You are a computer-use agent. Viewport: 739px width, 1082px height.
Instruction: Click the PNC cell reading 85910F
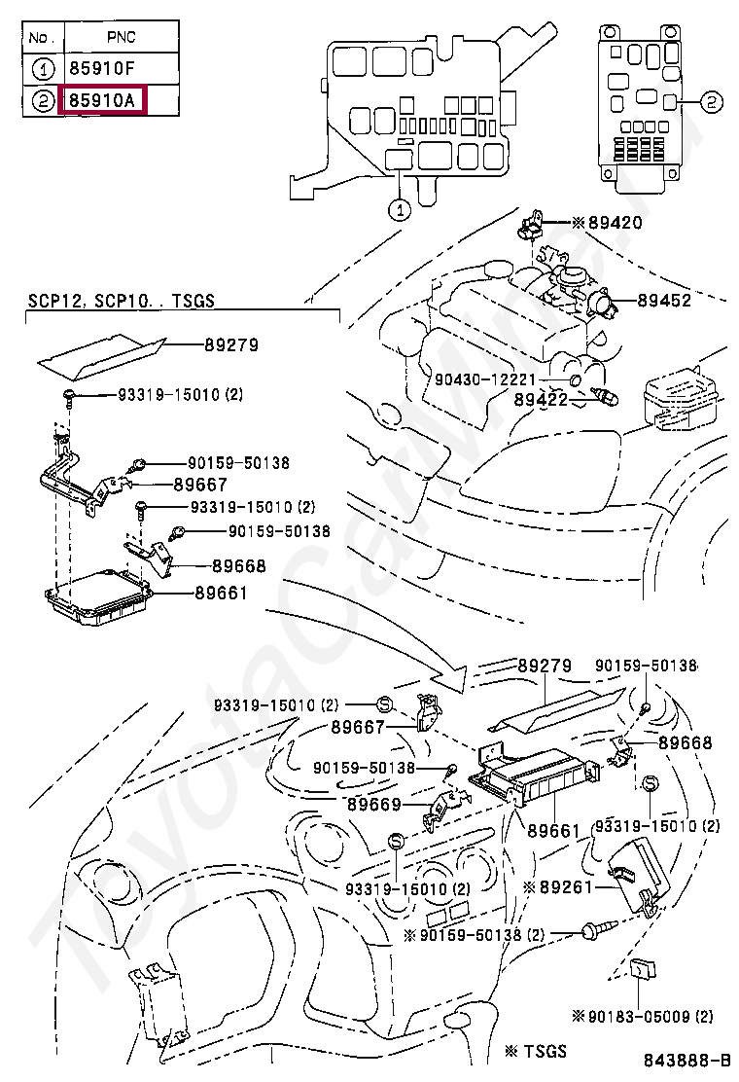tap(102, 68)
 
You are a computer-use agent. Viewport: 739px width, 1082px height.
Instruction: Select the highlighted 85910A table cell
tap(103, 101)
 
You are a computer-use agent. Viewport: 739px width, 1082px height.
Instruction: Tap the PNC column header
tap(122, 37)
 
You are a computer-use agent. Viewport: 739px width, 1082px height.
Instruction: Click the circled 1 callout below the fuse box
tap(399, 210)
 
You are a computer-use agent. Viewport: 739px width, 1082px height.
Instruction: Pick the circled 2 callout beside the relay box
tap(712, 103)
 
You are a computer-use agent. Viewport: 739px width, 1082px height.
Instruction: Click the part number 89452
tap(664, 300)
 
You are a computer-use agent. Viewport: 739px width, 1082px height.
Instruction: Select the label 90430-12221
tap(485, 379)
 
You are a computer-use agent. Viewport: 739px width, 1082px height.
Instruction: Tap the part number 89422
tap(542, 399)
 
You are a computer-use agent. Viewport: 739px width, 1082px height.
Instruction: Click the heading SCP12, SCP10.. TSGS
tap(122, 301)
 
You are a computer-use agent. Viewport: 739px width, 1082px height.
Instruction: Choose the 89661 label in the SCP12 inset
tap(221, 593)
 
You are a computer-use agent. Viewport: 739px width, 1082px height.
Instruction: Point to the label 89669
tap(374, 805)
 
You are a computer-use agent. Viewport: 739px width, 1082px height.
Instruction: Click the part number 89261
tap(558, 886)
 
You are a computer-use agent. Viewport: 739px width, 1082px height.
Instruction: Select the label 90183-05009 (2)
tap(643, 1016)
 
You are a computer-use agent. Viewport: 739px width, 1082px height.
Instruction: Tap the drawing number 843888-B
tap(687, 1060)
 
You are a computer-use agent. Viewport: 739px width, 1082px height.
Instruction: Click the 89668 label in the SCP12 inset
tap(238, 566)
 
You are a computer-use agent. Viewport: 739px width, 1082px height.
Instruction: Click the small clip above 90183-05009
tap(643, 969)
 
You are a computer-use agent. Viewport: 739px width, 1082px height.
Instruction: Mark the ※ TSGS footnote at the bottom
tap(536, 1051)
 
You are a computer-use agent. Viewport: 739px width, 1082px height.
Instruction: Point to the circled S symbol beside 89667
tap(385, 704)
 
